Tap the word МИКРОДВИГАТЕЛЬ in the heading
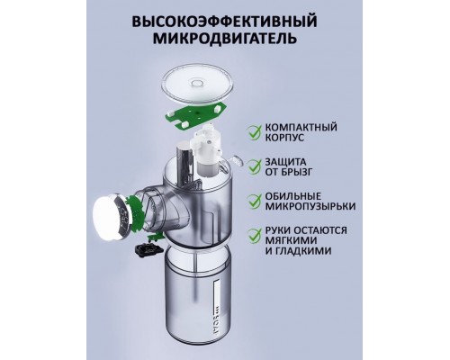tap(226, 41)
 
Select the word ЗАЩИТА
tap(287, 162)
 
